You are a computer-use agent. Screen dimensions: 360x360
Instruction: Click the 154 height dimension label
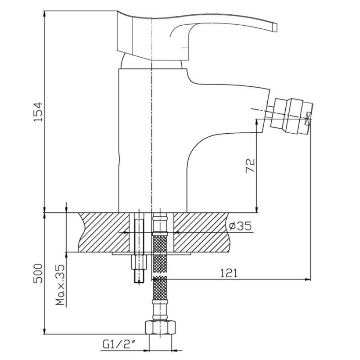(x=38, y=112)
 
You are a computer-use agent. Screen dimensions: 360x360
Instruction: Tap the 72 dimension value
(x=250, y=165)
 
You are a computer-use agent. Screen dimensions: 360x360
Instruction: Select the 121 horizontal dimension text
(x=229, y=273)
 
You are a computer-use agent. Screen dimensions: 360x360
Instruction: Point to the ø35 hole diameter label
(x=240, y=226)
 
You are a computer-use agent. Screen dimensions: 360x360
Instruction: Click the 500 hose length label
(x=38, y=273)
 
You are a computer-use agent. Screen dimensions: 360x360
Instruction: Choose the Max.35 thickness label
(x=60, y=285)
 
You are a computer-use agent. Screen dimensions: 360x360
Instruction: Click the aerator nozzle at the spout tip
(x=291, y=116)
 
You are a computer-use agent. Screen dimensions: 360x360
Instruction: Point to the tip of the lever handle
(x=274, y=27)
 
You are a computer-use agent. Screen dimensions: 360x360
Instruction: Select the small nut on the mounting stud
(x=139, y=262)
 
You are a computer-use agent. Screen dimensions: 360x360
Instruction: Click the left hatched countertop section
(x=104, y=232)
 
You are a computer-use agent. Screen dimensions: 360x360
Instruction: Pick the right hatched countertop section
(x=201, y=232)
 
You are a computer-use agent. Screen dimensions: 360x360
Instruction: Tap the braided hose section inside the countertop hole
(x=160, y=244)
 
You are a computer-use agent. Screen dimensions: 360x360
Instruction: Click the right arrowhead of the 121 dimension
(x=308, y=279)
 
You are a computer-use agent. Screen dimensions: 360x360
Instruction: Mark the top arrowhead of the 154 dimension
(x=44, y=14)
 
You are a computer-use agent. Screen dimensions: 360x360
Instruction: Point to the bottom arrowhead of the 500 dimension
(x=44, y=331)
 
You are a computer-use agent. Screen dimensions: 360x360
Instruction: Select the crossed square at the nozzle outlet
(x=308, y=119)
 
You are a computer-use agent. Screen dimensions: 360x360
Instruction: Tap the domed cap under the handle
(x=152, y=61)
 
